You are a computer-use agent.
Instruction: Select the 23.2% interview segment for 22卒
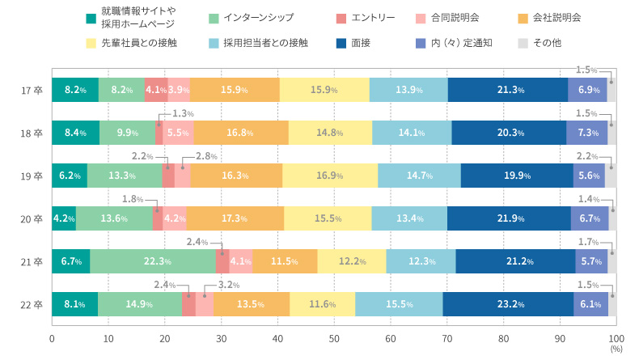(509, 304)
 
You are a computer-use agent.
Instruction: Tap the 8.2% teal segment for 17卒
(74, 90)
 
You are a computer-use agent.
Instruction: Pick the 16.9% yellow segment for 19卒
(330, 176)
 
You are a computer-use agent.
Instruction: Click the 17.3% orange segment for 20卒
(235, 218)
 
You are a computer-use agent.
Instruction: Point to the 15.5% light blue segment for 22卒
(399, 304)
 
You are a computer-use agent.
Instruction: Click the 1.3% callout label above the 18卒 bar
(184, 113)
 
